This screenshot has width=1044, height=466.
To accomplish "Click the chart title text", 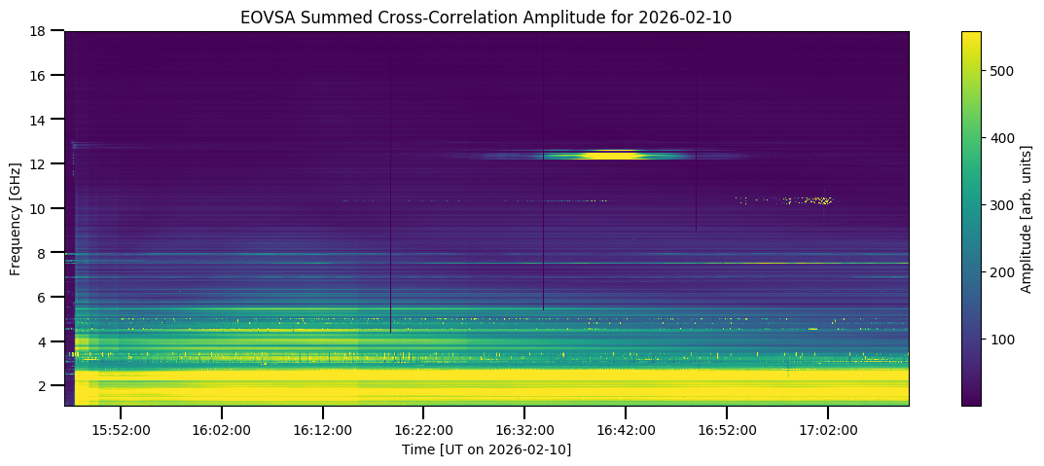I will (486, 17).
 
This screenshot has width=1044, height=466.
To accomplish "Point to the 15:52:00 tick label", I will (120, 430).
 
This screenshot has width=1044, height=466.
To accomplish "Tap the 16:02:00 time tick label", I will (221, 430).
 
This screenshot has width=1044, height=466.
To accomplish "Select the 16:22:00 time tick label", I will (423, 430).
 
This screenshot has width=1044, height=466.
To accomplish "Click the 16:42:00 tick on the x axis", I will (626, 430).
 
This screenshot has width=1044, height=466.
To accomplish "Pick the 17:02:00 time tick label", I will (827, 430).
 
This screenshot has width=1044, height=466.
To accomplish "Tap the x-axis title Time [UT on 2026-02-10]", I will (486, 449).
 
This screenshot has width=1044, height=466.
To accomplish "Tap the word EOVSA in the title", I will (266, 17).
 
